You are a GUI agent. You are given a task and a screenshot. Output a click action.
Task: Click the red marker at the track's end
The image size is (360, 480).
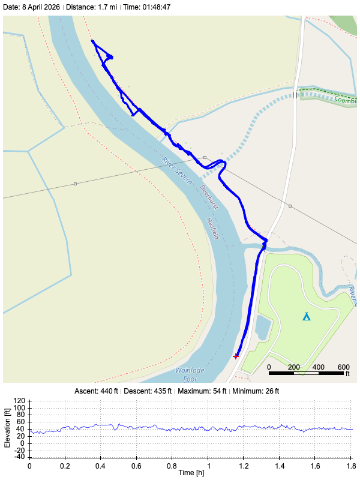(236, 356)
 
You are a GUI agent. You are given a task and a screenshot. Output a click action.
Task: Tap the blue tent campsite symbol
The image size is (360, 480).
(307, 316)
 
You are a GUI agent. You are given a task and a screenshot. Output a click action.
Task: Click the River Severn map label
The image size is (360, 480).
(177, 170)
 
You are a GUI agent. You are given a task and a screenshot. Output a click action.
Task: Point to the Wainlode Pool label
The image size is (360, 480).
(186, 374)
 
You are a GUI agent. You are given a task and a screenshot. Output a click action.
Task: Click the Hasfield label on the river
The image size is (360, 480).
(212, 228)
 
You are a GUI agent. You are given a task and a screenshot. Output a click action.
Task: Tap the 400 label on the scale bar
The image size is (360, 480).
(318, 367)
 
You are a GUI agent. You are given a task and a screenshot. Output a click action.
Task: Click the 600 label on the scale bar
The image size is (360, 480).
(343, 367)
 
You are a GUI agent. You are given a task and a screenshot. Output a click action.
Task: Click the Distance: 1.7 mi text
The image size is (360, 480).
(91, 7)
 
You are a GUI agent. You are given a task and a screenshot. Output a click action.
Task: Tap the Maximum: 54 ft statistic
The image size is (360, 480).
(203, 391)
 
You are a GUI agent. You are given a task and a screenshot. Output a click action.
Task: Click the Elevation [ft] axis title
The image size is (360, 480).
(8, 428)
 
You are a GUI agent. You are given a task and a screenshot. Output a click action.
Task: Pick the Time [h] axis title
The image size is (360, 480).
(190, 473)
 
